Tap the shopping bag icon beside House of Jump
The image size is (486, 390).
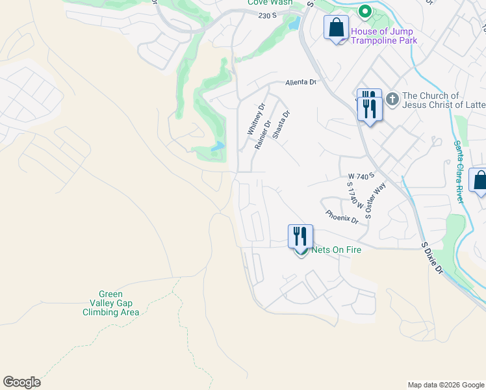(x=336, y=29)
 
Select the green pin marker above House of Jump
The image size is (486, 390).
(x=365, y=12)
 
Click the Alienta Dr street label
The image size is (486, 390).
(x=300, y=83)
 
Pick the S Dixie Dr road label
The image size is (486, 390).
(x=431, y=259)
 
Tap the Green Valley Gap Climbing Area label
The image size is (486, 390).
(x=110, y=303)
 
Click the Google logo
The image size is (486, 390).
(x=21, y=382)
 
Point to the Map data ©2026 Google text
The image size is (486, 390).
(x=445, y=385)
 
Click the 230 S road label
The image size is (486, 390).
(x=267, y=15)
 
